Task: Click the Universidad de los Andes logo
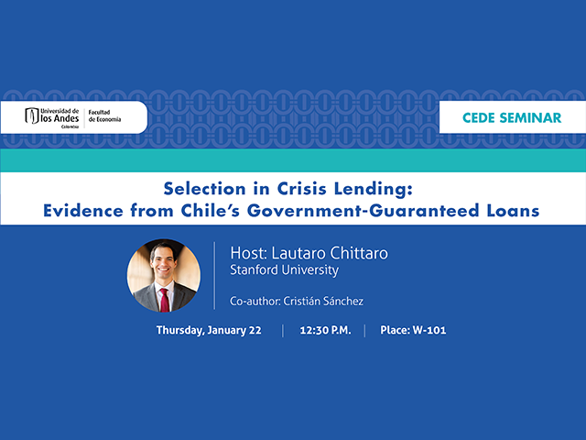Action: (x=53, y=117)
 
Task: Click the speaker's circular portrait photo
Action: (x=163, y=275)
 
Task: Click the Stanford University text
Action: (x=284, y=270)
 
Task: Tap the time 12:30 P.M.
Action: (x=323, y=330)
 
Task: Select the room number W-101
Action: (x=429, y=330)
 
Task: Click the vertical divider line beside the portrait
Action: (x=214, y=275)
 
